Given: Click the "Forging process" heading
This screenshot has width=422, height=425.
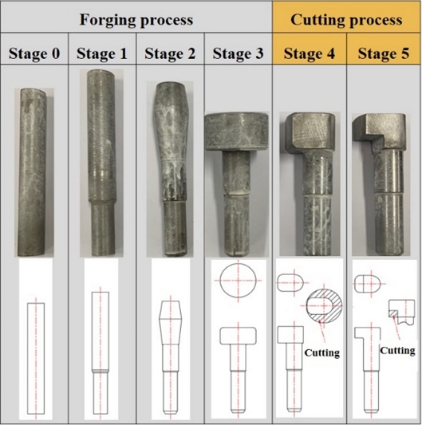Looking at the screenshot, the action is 136,20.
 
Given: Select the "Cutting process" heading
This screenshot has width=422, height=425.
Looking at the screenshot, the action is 346,20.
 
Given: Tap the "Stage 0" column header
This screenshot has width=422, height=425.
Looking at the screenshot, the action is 34,53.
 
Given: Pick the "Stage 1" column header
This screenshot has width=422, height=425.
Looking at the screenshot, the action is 102,53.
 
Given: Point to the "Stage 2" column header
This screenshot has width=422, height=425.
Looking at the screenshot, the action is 170,53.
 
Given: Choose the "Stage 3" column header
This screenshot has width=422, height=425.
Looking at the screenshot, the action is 238,53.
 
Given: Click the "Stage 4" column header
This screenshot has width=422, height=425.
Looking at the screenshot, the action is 310,53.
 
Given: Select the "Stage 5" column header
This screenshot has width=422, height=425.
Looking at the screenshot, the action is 384,53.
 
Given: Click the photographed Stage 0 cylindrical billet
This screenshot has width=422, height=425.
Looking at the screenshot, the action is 33,172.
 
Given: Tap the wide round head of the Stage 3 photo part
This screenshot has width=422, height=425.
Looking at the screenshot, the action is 236,132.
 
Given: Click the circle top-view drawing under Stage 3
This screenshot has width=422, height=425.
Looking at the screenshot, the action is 239,280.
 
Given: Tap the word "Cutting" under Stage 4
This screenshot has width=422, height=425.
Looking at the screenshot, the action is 322,352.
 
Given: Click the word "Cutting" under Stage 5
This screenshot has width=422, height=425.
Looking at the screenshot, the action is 397,351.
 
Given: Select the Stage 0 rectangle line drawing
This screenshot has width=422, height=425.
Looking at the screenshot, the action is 36,360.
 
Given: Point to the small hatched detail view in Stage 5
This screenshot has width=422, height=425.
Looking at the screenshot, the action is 402,312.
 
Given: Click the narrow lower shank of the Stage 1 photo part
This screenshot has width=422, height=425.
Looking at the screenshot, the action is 102,228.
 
